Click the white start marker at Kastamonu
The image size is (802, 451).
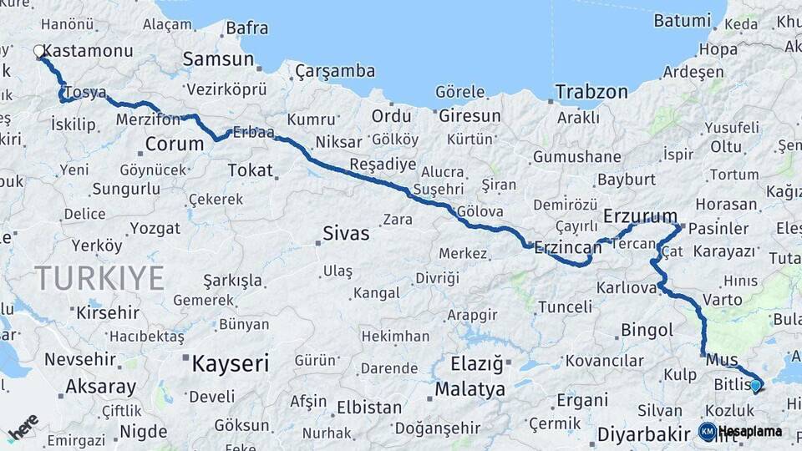(x=39, y=52)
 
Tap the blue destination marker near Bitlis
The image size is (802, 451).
(x=755, y=385)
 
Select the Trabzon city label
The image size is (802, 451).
(x=591, y=92)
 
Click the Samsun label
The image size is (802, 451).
(x=218, y=59)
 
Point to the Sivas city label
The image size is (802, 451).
(x=346, y=234)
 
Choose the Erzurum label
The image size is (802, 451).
(x=640, y=215)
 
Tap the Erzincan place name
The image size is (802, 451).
(x=568, y=247)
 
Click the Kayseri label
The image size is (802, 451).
(x=231, y=363)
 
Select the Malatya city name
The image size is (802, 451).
(x=470, y=389)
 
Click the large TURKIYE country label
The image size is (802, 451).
(x=99, y=278)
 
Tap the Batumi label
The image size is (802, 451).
(x=682, y=20)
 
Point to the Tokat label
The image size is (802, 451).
(x=251, y=170)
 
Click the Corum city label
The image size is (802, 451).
(x=174, y=144)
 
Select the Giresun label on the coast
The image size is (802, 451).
(x=470, y=115)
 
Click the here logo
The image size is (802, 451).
(x=23, y=428)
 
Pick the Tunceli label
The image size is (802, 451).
(x=565, y=307)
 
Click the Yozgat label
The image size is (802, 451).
(x=155, y=228)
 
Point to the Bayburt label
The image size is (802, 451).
(x=626, y=179)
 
